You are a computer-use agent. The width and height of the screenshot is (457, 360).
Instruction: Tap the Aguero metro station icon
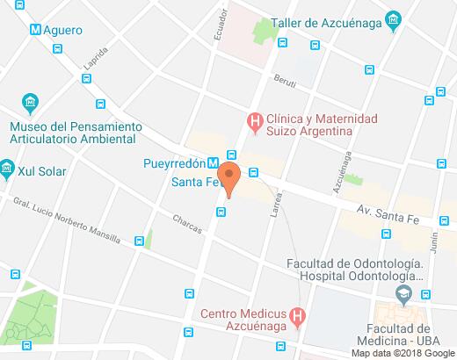pyautogui.click(x=35, y=30)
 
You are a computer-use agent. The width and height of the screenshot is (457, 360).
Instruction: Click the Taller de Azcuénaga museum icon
pyautogui.click(x=394, y=18)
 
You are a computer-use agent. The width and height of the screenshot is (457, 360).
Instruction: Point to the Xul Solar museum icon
pyautogui.click(x=7, y=166)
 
